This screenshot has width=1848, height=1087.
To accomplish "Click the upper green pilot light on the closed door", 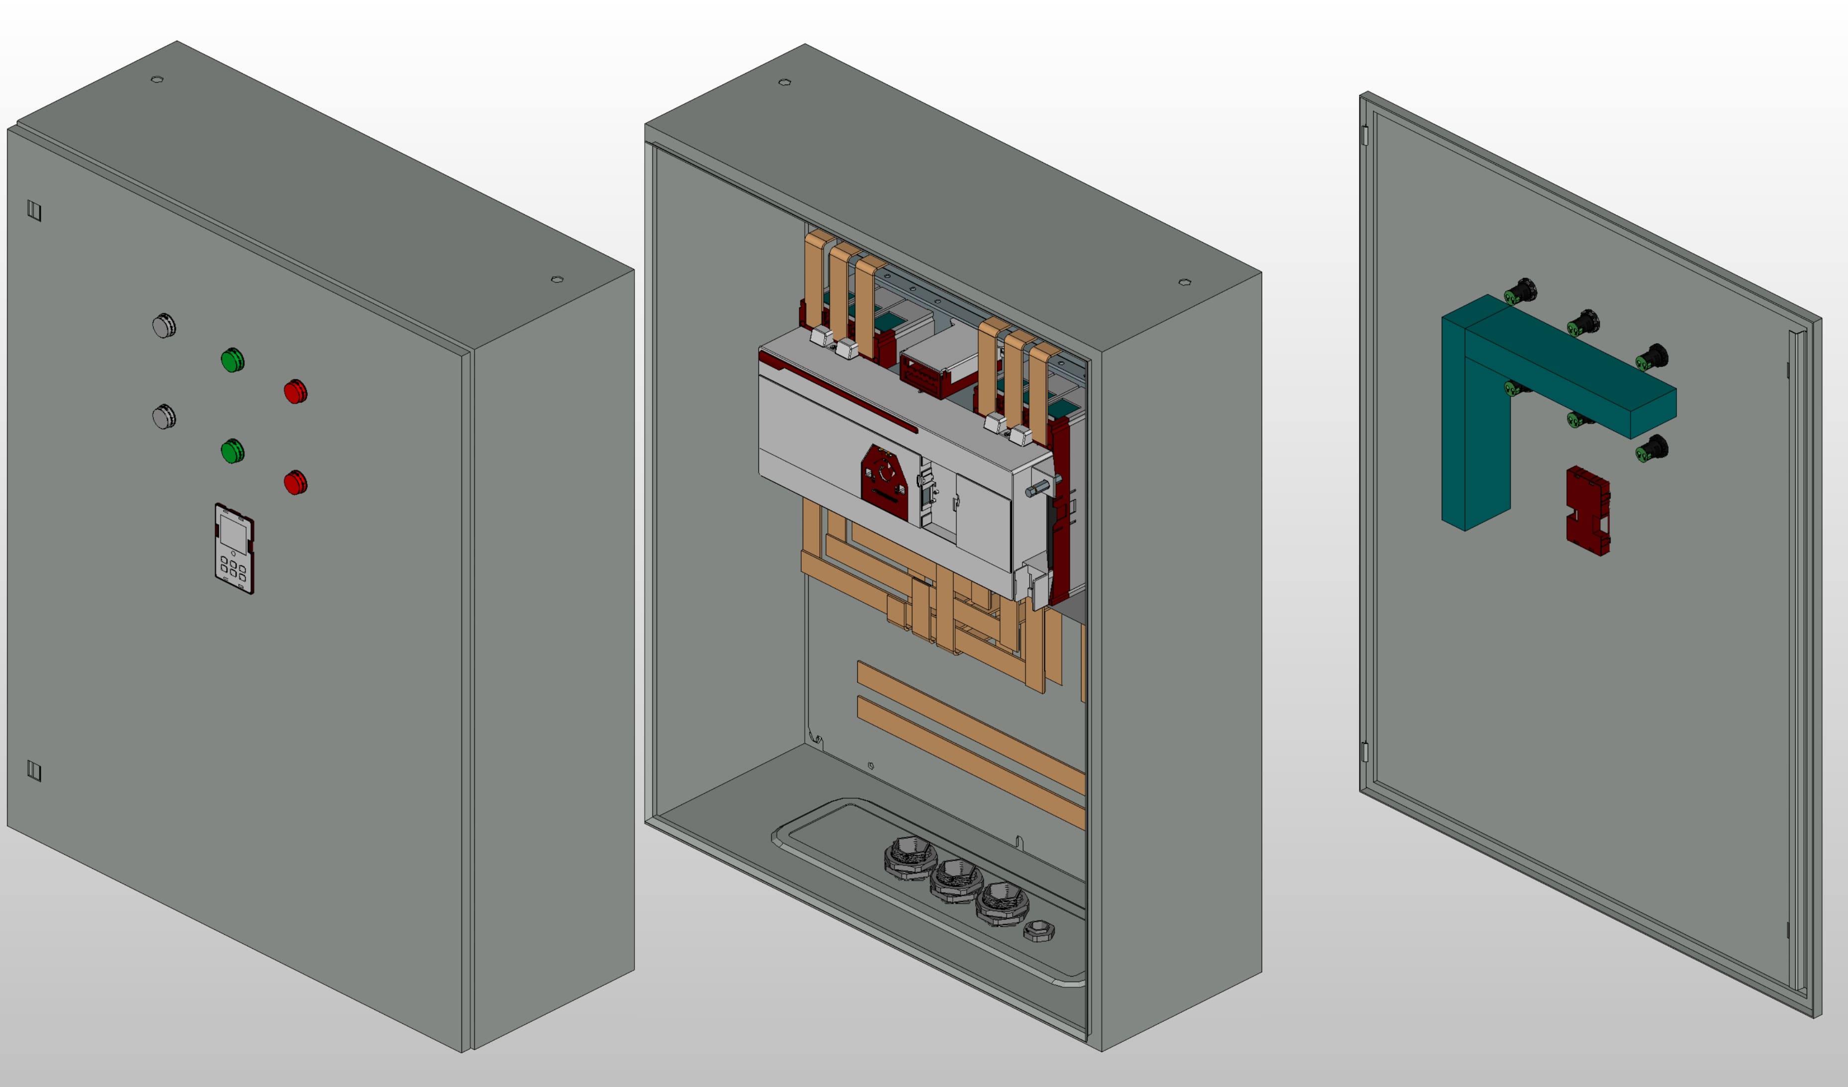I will [x=232, y=360].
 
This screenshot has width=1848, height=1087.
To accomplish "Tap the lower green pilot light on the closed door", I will [x=232, y=451].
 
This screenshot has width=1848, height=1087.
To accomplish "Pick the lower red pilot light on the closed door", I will [x=295, y=483].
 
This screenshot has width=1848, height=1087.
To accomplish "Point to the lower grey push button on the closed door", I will [x=164, y=417].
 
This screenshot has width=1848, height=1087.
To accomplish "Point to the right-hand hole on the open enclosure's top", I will [x=1184, y=281].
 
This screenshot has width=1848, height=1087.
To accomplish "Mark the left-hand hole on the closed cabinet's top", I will [x=157, y=79].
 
